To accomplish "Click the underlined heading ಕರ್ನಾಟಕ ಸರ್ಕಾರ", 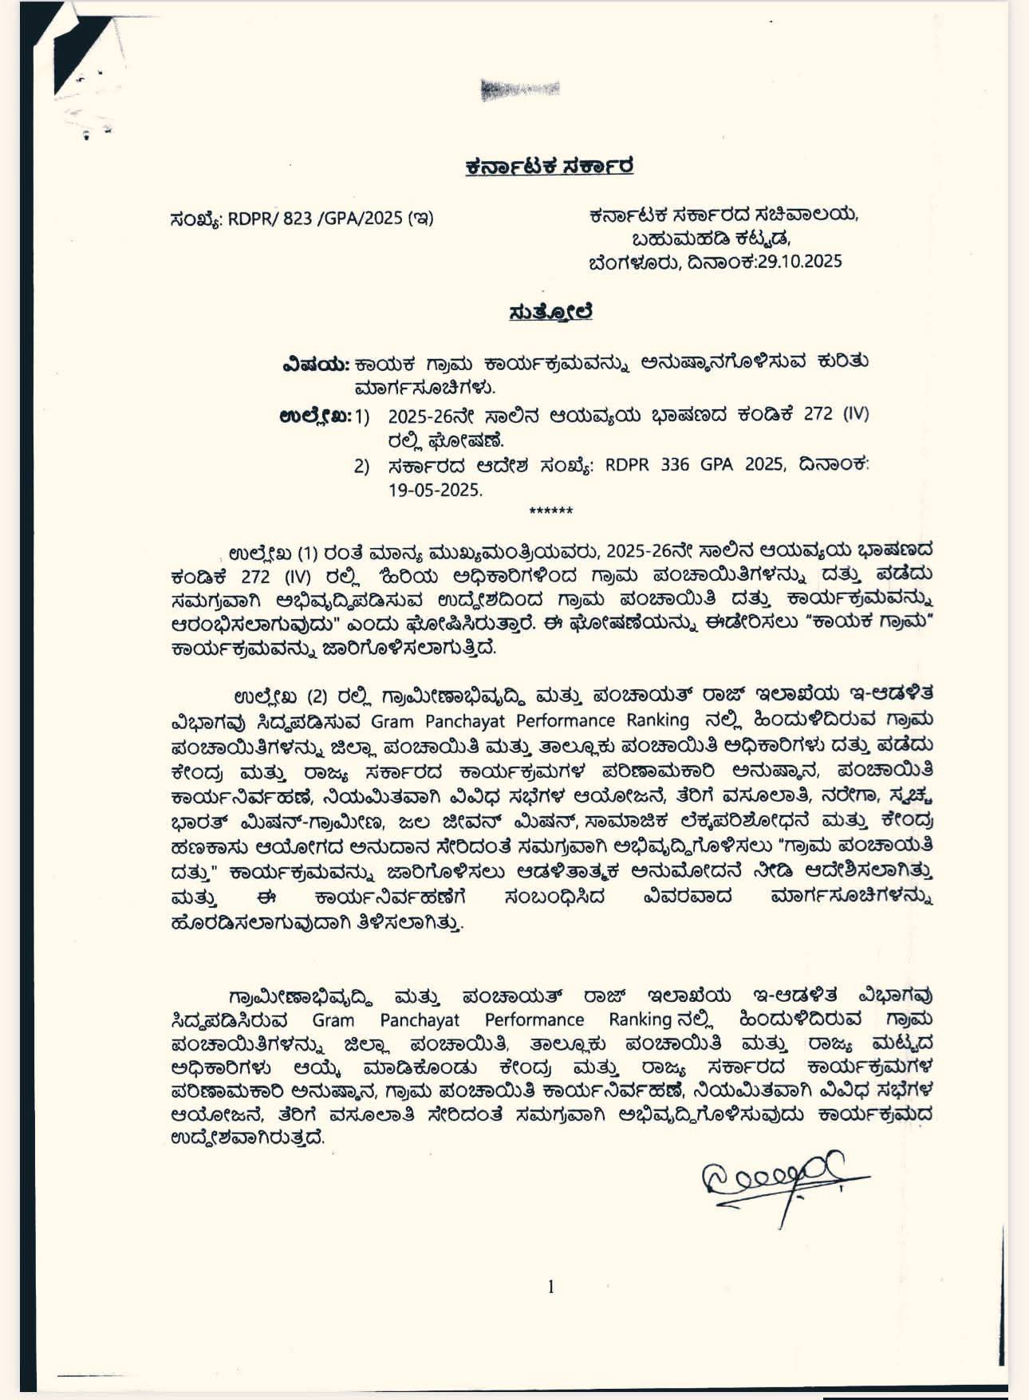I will tap(550, 167).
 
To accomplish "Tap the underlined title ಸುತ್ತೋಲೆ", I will tap(550, 312).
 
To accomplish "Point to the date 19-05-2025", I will tap(436, 490).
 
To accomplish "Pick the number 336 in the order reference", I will tap(675, 464).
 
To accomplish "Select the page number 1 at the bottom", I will tap(550, 1286).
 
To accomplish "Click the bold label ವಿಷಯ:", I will tap(316, 363).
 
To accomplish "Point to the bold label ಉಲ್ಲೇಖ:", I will tap(315, 415).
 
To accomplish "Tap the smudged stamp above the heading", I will tap(520, 89).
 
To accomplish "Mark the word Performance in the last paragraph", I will tap(534, 1019).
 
